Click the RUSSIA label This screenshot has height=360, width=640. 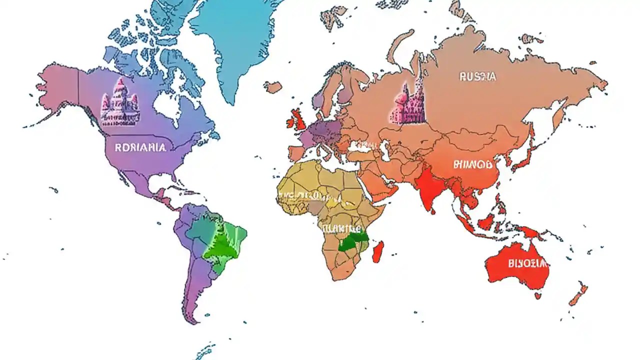pos(477,77)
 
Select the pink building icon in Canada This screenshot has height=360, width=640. pos(120,103)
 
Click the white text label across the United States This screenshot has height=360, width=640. pos(139,147)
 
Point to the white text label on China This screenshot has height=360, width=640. pos(473,164)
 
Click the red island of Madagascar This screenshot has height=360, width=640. pos(378,251)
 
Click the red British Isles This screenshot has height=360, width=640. pos(298,120)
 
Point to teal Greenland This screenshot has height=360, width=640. pos(232,40)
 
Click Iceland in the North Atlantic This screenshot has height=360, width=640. pos(273,87)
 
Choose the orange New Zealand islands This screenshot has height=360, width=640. pos(578,295)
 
